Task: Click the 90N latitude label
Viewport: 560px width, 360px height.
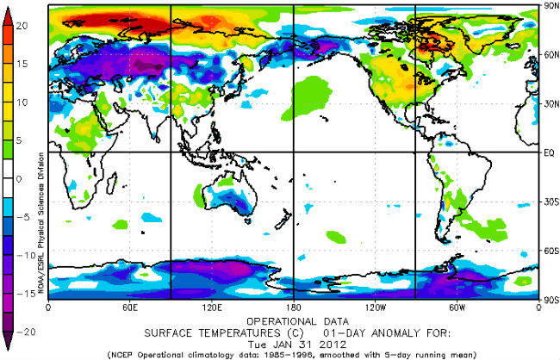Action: coord(549,5)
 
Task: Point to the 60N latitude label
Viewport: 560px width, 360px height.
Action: coord(549,54)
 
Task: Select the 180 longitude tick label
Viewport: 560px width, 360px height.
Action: coord(293,307)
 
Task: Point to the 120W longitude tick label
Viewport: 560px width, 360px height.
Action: coord(375,307)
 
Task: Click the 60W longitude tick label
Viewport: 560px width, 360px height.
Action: coord(457,307)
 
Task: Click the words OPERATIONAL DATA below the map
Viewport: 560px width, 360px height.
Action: coord(294,318)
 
